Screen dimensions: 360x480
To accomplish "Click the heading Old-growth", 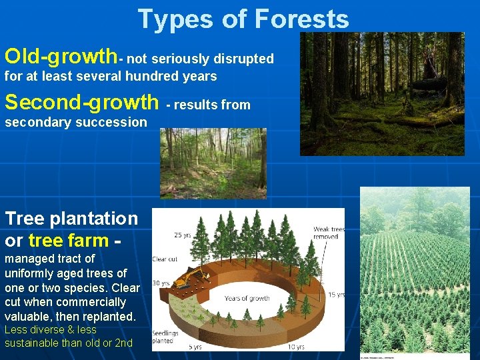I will (60, 55).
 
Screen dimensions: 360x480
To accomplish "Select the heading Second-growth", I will (81, 102).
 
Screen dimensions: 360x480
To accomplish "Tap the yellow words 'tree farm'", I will (69, 239).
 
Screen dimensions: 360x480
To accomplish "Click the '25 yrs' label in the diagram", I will (182, 235).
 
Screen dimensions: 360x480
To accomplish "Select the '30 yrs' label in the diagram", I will (161, 283).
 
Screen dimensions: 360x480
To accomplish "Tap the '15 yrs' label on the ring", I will (336, 294).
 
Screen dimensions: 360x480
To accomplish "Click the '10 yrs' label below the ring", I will (295, 347).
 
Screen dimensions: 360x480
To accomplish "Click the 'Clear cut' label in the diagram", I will (164, 259).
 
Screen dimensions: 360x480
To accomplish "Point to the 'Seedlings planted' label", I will (166, 336).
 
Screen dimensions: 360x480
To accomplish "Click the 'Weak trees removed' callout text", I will (329, 233).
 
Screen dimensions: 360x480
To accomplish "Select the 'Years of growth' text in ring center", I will (247, 298).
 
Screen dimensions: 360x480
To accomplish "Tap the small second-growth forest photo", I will (213, 163).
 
